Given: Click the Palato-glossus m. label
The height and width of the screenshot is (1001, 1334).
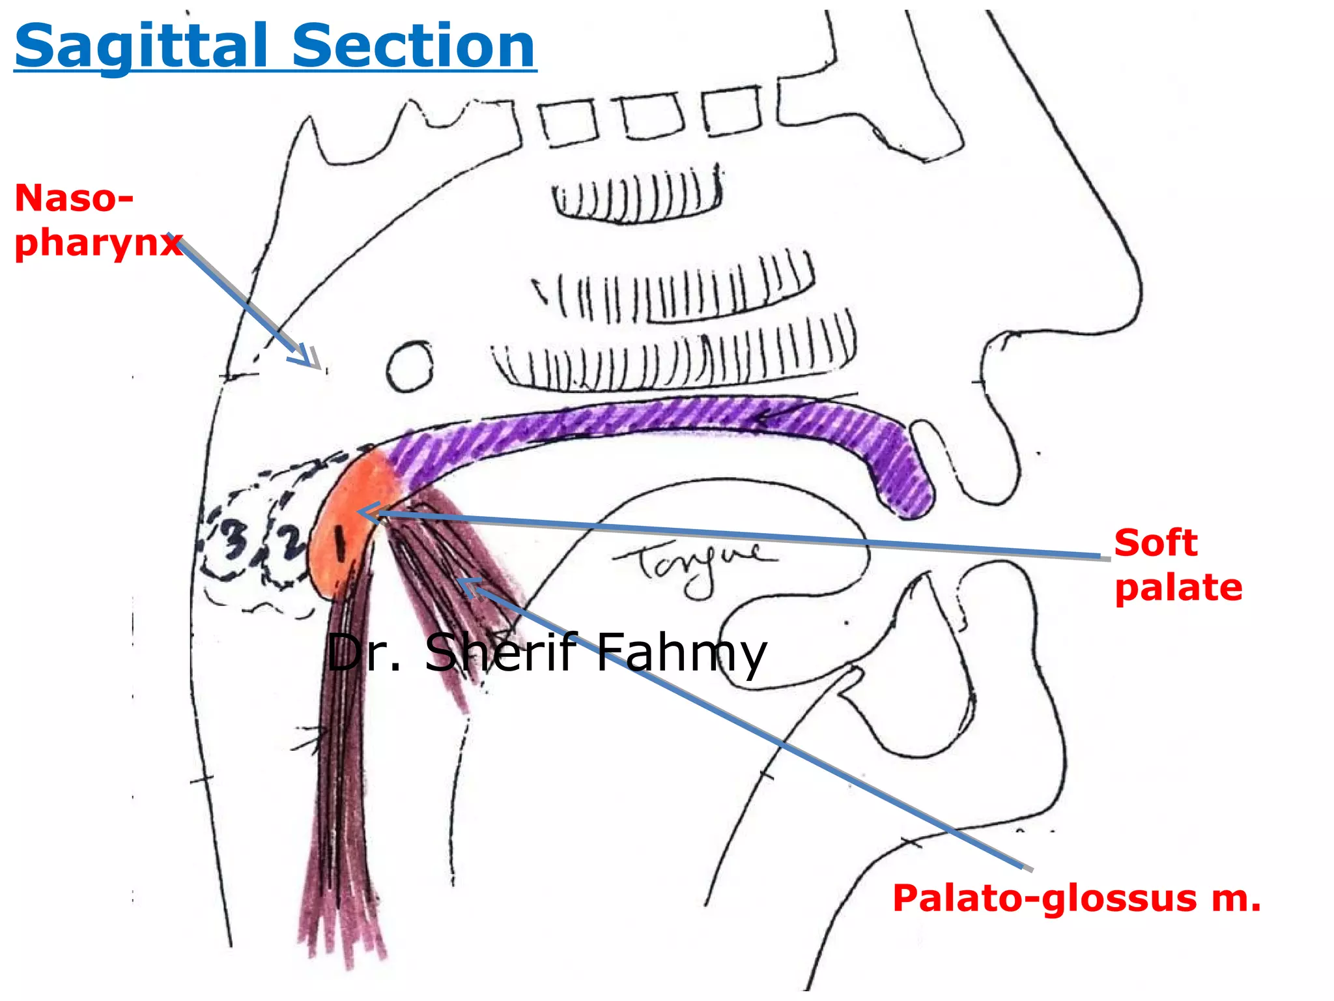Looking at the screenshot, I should click(1076, 898).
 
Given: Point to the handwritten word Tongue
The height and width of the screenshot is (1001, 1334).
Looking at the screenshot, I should click(694, 566).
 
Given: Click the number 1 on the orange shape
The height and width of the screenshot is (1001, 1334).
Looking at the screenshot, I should click(339, 543).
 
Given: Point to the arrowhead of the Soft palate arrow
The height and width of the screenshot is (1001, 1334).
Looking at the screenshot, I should click(366, 513).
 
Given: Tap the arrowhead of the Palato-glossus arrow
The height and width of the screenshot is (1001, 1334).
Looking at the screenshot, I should click(468, 585).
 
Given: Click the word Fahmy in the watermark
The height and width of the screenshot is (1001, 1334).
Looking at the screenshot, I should click(681, 654).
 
